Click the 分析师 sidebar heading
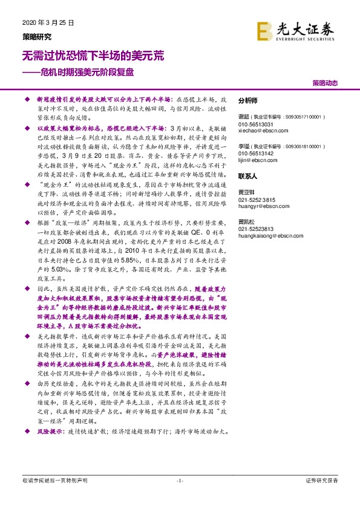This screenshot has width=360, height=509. pyautogui.click(x=248, y=101)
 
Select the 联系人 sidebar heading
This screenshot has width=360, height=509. pyautogui.click(x=248, y=177)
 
